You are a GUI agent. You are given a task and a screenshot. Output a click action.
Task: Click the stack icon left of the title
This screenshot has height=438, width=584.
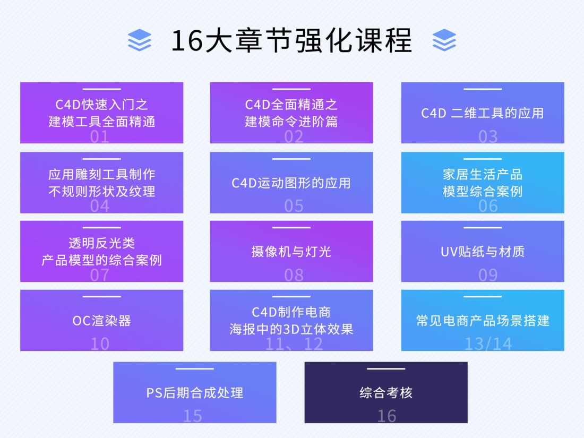pyautogui.click(x=140, y=40)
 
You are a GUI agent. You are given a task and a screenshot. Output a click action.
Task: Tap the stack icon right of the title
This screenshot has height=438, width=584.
pyautogui.click(x=444, y=40)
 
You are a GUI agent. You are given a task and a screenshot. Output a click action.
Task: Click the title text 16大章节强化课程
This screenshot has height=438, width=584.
pyautogui.click(x=291, y=40)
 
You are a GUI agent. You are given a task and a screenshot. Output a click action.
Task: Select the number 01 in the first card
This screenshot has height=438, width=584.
pyautogui.click(x=100, y=137)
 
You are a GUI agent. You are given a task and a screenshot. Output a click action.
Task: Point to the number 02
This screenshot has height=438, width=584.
pyautogui.click(x=294, y=137)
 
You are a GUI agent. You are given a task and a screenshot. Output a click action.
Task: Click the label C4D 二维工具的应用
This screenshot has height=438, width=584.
pyautogui.click(x=482, y=113)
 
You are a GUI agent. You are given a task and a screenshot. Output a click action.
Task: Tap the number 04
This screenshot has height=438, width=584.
pyautogui.click(x=100, y=206)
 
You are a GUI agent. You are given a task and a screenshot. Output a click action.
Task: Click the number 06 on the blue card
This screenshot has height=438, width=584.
pyautogui.click(x=488, y=206)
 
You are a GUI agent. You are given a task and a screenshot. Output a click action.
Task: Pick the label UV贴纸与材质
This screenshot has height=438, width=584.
pyautogui.click(x=482, y=251)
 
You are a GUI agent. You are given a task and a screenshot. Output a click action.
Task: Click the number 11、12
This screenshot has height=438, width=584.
pyautogui.click(x=294, y=344)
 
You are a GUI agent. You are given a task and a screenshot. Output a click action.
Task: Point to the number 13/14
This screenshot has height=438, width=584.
pyautogui.click(x=488, y=344)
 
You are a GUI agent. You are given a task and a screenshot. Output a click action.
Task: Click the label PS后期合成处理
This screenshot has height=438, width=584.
pyautogui.click(x=195, y=393)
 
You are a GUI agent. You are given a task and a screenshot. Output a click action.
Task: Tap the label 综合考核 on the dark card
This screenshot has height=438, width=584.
pyautogui.click(x=386, y=393)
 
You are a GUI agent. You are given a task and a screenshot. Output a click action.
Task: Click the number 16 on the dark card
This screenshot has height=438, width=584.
pyautogui.click(x=387, y=416)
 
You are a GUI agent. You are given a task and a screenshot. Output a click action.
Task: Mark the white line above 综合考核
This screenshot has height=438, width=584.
pyautogui.click(x=386, y=368)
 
